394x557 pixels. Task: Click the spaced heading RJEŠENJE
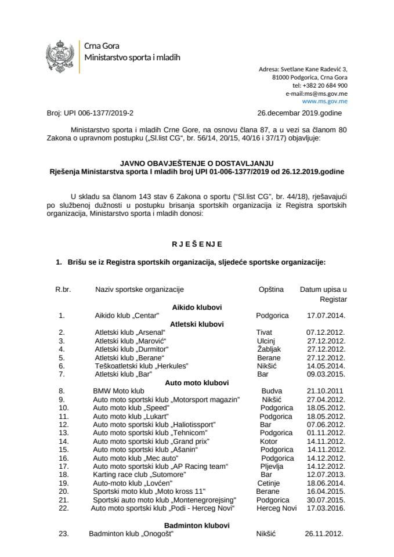tap(197, 244)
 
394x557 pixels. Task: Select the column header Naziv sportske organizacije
tap(140, 289)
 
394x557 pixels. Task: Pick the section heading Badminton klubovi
tap(197, 525)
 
